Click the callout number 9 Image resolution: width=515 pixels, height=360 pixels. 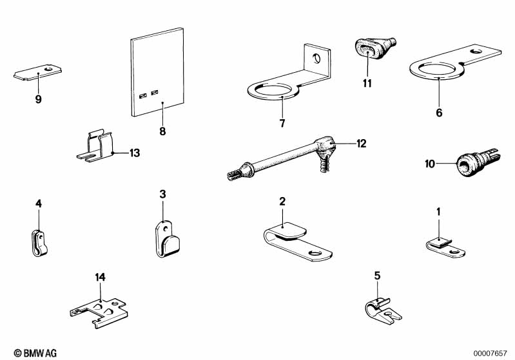click(x=39, y=99)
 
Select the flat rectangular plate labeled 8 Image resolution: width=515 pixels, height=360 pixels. click(x=157, y=72)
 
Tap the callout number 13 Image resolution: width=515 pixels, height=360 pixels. click(x=135, y=153)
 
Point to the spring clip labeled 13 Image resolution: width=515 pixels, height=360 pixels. click(x=95, y=147)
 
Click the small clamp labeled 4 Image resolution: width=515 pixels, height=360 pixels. click(x=39, y=243)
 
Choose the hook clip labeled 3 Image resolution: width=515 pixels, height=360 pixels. click(x=167, y=239)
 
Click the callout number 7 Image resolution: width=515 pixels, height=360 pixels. click(x=282, y=124)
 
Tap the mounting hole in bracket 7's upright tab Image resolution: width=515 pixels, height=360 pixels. click(x=316, y=58)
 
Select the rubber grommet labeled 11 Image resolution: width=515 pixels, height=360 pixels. click(x=374, y=49)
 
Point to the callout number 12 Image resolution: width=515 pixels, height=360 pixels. click(x=362, y=144)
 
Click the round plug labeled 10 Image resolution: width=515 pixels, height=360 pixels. click(x=478, y=162)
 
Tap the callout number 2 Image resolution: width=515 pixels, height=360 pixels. click(x=282, y=201)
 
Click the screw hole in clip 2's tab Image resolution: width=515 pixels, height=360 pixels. click(x=316, y=254)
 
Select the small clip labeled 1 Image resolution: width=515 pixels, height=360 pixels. click(x=445, y=247)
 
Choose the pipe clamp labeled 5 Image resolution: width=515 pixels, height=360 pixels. click(x=383, y=311)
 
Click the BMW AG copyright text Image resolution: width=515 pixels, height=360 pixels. click(x=35, y=353)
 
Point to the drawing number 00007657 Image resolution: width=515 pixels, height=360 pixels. click(x=490, y=354)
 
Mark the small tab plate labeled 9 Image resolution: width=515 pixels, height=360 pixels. click(x=38, y=72)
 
